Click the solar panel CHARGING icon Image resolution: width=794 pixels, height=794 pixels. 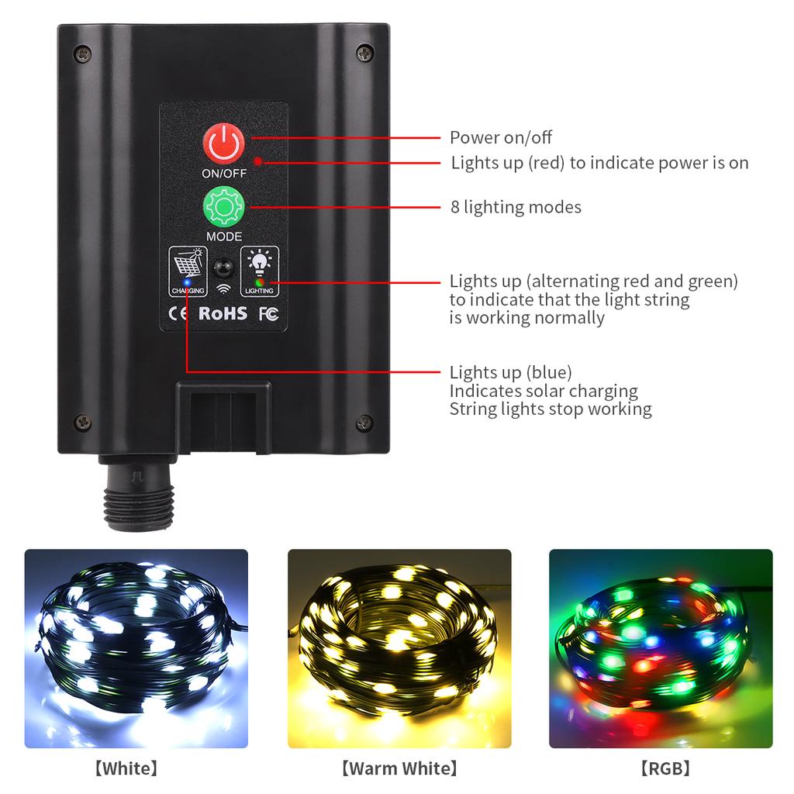(187, 271)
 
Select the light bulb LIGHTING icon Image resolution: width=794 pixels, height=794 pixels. (258, 271)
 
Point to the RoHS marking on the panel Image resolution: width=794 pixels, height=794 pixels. (223, 313)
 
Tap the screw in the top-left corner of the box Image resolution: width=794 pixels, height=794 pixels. (83, 54)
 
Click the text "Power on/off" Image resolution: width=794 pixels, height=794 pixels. (501, 138)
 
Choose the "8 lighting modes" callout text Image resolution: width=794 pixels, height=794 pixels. (516, 207)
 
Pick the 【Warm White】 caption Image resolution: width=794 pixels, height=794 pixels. (399, 768)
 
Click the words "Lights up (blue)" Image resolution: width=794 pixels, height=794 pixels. (511, 373)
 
